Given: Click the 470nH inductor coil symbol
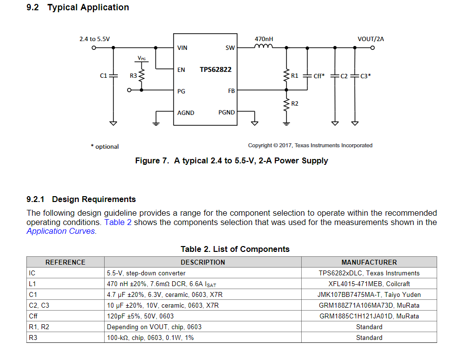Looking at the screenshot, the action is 264,46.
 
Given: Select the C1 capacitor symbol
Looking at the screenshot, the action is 113,76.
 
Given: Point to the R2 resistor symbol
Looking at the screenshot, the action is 286,104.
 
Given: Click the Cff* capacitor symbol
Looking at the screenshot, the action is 307,76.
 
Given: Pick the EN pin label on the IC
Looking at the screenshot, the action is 181,70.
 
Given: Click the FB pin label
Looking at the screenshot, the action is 231,91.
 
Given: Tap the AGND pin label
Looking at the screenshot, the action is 186,113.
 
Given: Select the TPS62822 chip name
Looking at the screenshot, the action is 216,69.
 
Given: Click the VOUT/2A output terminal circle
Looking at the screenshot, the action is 373,48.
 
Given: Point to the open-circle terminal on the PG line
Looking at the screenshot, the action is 129,90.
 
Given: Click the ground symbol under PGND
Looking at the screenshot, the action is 254,123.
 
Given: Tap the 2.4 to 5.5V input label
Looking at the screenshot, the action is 94,39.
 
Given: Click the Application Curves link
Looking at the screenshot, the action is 61,231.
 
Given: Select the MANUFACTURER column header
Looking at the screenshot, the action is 369,263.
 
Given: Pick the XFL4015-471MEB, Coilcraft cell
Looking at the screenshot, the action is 369,284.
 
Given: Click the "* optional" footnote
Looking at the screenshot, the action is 105,146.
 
